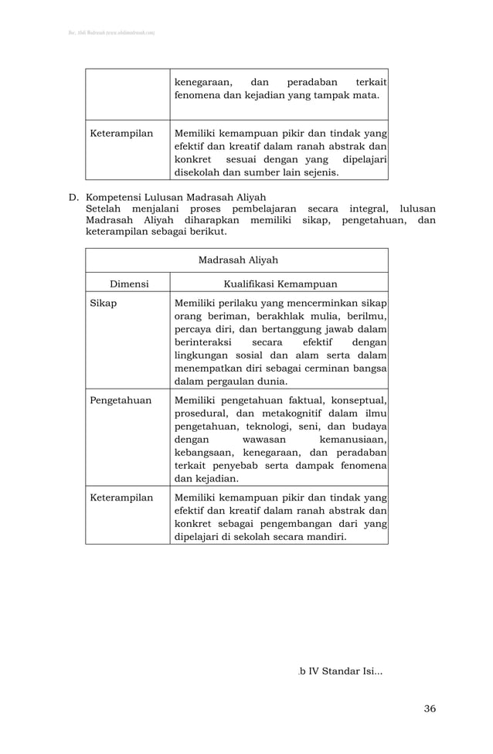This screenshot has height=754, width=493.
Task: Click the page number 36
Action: click(430, 708)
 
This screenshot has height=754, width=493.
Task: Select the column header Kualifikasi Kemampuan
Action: click(280, 284)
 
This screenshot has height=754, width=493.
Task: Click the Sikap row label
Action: click(104, 303)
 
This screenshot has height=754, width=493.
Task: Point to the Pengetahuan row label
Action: click(121, 400)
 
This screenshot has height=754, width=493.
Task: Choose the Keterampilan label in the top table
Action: click(121, 134)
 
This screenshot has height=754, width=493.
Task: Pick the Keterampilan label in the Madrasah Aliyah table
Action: click(121, 498)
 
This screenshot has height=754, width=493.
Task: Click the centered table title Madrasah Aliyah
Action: click(238, 260)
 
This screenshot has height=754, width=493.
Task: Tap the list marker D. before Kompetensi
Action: click(75, 197)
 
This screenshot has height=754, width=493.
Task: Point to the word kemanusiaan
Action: click(352, 439)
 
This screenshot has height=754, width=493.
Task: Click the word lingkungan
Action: click(206, 355)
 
